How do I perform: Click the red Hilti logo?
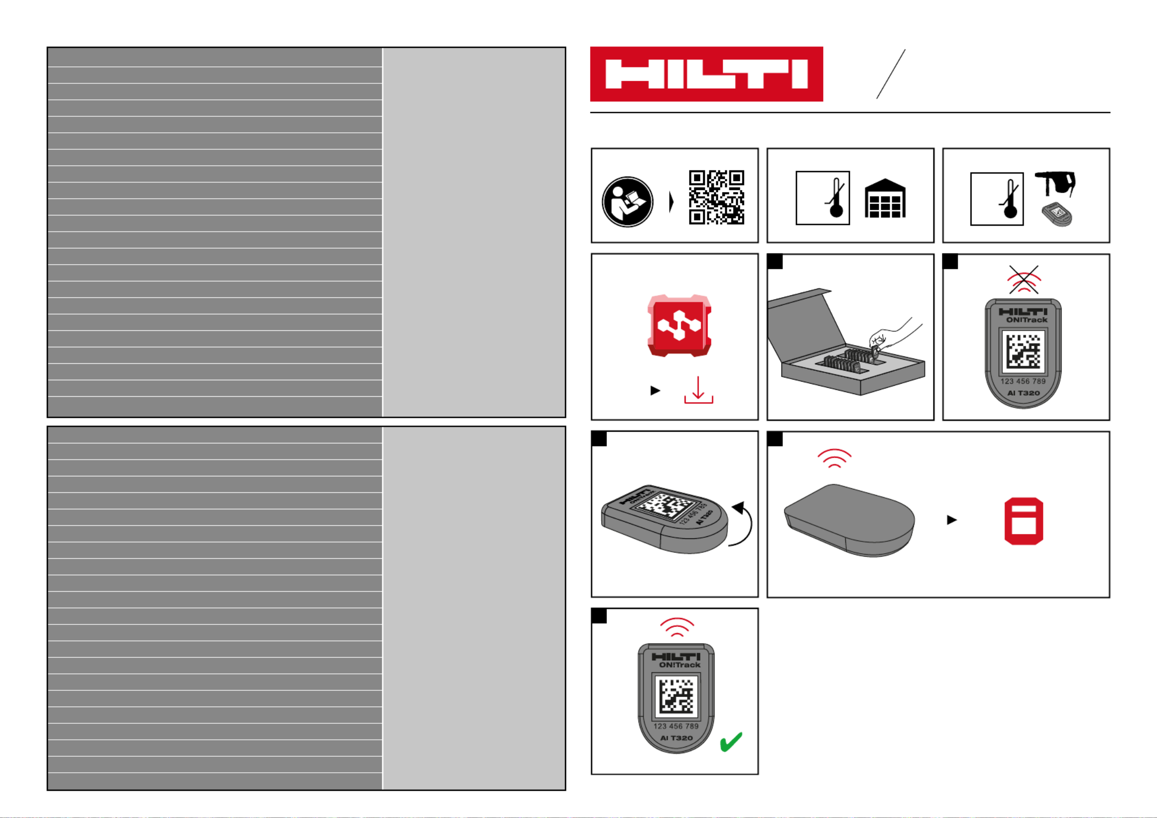pos(706,74)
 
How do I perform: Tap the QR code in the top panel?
pos(717,197)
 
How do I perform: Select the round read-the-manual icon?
pos(627,202)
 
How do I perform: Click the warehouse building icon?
pos(884,198)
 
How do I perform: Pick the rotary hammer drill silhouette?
pos(1055,184)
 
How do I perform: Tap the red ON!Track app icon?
pos(679,326)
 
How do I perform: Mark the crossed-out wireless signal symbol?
pos(1024,280)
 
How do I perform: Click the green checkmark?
pos(731,742)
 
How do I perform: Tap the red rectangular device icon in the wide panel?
pos(1024,521)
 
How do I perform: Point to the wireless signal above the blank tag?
pos(835,458)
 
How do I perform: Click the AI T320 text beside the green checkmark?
pos(676,738)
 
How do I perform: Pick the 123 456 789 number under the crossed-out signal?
pos(1023,381)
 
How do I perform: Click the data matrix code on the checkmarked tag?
pos(676,696)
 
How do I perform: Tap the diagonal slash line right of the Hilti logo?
pos(891,74)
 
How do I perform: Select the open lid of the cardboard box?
pos(806,319)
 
